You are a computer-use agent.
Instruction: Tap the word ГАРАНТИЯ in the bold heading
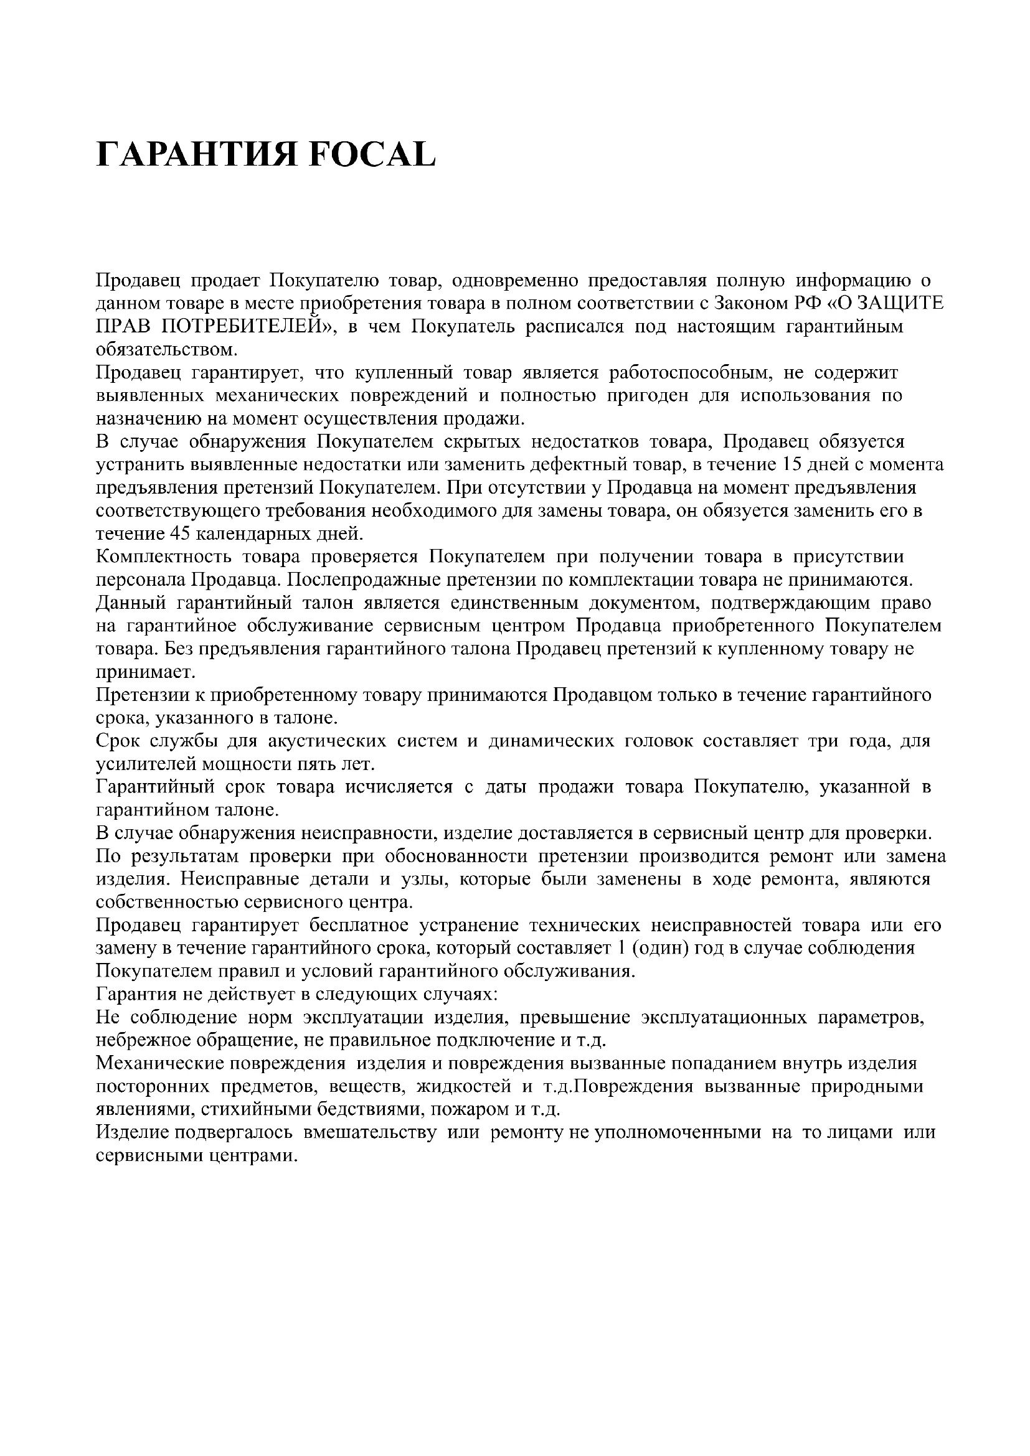tap(196, 154)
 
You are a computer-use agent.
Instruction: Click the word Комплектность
tap(163, 557)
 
